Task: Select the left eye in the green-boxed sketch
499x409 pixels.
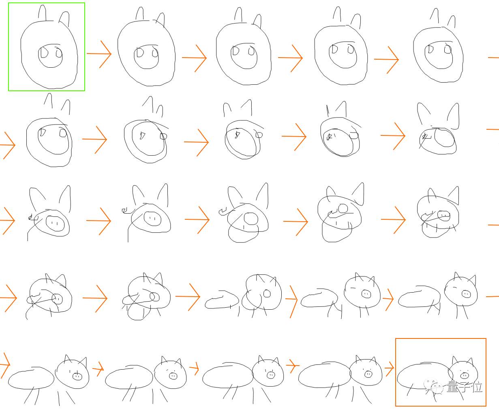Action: pyautogui.click(x=43, y=53)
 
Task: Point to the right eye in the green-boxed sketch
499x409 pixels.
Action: pyautogui.click(x=59, y=52)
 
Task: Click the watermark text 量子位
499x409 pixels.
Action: pyautogui.click(x=464, y=387)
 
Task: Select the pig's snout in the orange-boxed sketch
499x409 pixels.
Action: pyautogui.click(x=465, y=376)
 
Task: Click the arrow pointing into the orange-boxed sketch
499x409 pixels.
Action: pyautogui.click(x=390, y=368)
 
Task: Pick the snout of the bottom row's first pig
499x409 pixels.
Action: pyautogui.click(x=77, y=376)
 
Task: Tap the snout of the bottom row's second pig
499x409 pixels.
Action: pyautogui.click(x=173, y=376)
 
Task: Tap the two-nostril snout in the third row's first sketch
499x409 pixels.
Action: pyautogui.click(x=55, y=223)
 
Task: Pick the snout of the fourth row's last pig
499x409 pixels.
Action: pyautogui.click(x=466, y=294)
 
